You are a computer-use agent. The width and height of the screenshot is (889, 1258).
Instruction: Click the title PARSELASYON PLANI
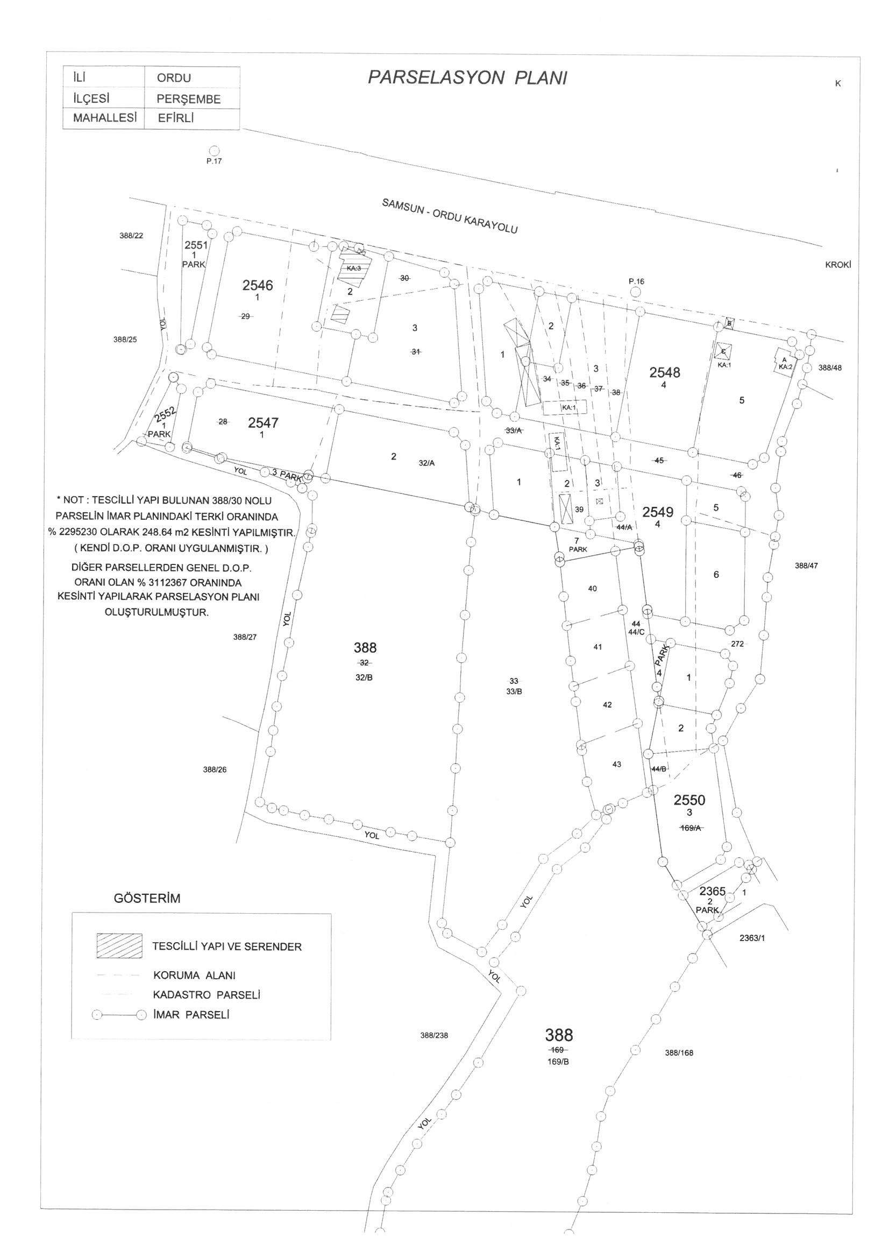click(x=467, y=79)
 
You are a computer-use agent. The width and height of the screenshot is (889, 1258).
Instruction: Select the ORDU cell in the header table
click(x=174, y=78)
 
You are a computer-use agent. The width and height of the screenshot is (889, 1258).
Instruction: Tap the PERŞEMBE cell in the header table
click(x=188, y=99)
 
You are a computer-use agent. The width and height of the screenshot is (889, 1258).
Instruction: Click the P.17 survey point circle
click(x=214, y=151)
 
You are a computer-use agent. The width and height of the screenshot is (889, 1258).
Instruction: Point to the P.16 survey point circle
click(x=635, y=292)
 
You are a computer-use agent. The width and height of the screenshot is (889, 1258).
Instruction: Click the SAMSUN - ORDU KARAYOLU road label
click(x=450, y=216)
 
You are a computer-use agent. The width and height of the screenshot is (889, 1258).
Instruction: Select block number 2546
click(x=258, y=285)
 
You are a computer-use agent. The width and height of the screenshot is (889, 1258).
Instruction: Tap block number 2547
click(x=263, y=422)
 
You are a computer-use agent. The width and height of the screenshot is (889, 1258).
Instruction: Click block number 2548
click(x=664, y=372)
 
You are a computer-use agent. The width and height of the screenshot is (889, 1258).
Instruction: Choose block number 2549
click(x=658, y=512)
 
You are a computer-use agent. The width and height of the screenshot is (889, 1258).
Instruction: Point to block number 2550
click(x=689, y=800)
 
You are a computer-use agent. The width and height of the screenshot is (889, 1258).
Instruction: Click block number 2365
click(x=712, y=892)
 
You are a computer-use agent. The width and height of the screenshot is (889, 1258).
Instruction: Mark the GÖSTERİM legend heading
click(x=147, y=899)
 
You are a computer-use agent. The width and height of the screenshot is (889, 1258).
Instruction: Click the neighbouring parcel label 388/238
click(x=434, y=1036)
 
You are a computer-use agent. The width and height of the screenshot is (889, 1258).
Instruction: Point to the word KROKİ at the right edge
click(x=838, y=265)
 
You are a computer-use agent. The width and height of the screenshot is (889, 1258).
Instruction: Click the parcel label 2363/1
click(x=751, y=937)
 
